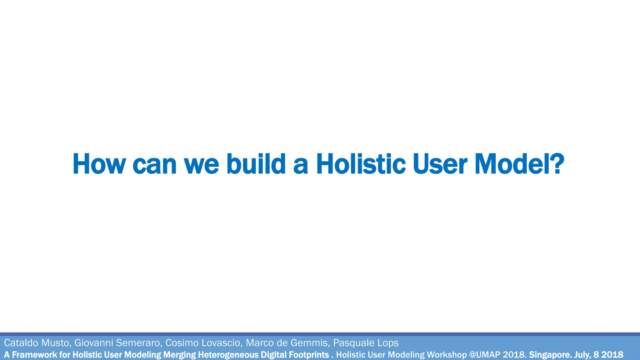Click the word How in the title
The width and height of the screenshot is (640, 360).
point(99,164)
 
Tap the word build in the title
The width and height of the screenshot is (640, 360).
point(256,164)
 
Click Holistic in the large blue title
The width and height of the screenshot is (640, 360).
point(361,164)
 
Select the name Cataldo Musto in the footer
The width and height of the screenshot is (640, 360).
point(37,343)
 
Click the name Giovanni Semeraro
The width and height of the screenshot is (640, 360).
point(117,343)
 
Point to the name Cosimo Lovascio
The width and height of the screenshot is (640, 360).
point(203,343)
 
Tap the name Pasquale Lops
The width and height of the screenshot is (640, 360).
point(366,343)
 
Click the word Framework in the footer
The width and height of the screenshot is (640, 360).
point(34,355)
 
